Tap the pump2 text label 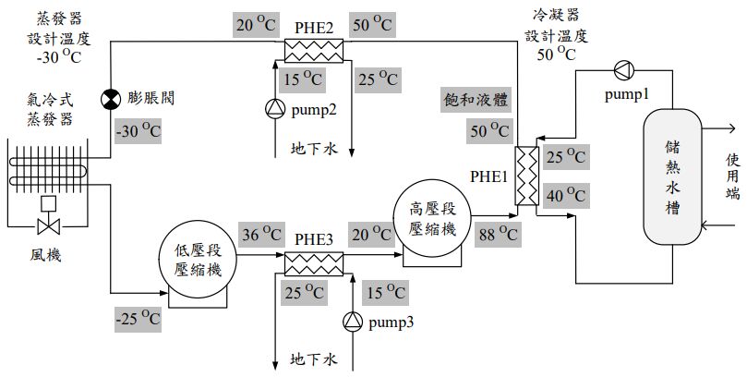click(314, 110)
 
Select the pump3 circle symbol click(353, 321)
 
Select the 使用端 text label click(732, 176)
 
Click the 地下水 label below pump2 click(313, 148)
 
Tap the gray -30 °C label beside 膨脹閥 click(137, 130)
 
